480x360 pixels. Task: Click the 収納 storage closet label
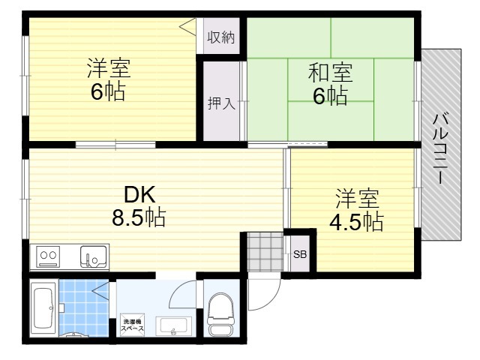[x=221, y=37]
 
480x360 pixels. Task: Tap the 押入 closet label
[x=221, y=103]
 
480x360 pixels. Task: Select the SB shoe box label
[x=300, y=254]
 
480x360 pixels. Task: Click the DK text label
[x=139, y=195]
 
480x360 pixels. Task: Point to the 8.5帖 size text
[x=139, y=217]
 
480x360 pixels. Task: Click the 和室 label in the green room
[x=330, y=73]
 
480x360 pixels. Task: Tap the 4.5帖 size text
[x=356, y=221]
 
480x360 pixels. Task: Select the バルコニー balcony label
[x=440, y=148]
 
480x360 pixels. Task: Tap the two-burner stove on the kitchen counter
[x=48, y=256]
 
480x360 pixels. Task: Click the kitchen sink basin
[x=94, y=256]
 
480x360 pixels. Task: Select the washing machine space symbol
[x=132, y=325]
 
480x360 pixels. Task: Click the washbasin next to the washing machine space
[x=173, y=326]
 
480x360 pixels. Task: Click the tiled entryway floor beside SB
[x=265, y=252]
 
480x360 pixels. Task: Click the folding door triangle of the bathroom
[x=102, y=291]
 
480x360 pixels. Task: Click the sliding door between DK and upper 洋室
[x=115, y=145]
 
